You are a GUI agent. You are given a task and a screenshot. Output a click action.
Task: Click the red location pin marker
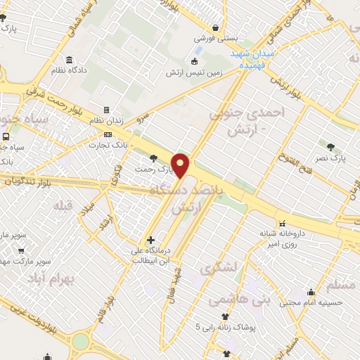click(x=181, y=165)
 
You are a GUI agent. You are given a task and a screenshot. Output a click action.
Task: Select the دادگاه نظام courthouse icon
click(x=68, y=60)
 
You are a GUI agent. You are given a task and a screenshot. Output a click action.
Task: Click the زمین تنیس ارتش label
click(x=194, y=72)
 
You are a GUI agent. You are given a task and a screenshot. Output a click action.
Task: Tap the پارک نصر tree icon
click(x=330, y=146)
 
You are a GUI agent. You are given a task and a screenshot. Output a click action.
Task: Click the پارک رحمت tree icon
click(x=154, y=157)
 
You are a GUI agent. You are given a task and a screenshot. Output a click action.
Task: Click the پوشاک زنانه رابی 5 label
click(x=224, y=328)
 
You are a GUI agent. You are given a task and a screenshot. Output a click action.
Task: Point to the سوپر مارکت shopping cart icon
click(x=21, y=250)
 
